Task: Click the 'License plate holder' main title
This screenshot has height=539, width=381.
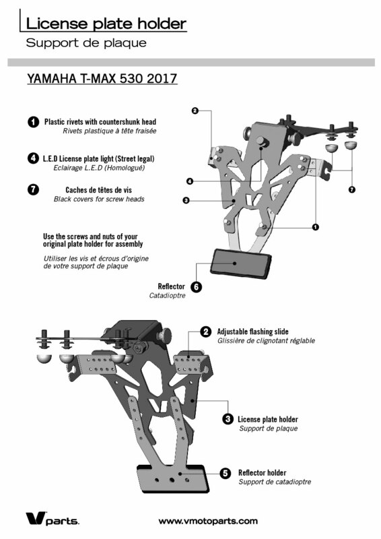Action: click(106, 24)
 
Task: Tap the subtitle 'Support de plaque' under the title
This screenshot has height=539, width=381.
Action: click(86, 43)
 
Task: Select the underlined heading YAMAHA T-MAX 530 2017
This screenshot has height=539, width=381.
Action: click(102, 78)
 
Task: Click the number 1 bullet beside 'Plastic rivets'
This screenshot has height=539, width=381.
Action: click(34, 122)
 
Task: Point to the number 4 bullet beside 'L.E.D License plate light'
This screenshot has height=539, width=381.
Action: click(33, 158)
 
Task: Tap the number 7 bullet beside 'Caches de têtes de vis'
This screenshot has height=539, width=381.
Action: click(33, 189)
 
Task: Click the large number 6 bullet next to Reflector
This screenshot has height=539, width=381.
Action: click(196, 287)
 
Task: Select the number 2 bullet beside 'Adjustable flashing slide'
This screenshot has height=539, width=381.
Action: click(206, 331)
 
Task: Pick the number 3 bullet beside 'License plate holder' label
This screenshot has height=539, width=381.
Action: click(228, 419)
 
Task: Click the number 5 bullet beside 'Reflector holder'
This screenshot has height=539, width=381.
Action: click(226, 473)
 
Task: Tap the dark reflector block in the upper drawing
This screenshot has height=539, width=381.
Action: click(241, 264)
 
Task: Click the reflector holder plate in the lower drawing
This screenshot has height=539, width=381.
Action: click(173, 478)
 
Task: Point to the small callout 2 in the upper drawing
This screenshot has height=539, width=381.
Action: click(195, 110)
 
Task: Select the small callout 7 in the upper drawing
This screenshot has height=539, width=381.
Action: click(352, 189)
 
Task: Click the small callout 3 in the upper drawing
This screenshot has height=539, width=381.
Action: click(186, 200)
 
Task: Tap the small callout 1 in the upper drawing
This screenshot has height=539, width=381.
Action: click(316, 227)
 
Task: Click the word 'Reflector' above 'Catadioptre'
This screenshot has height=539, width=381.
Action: click(171, 286)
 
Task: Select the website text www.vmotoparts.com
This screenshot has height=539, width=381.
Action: click(208, 521)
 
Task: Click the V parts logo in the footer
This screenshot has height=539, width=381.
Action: click(53, 518)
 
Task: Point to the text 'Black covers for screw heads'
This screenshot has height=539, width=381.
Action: click(99, 199)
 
